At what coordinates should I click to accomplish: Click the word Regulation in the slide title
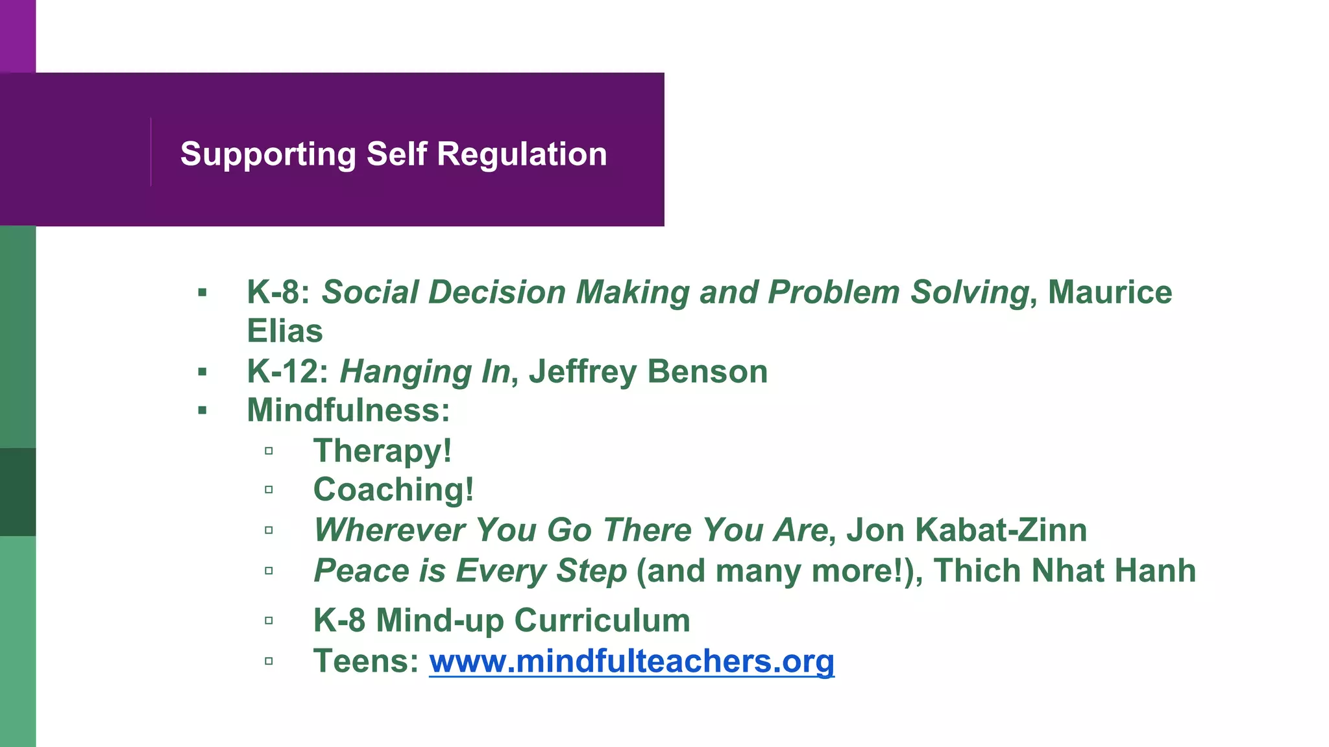522,154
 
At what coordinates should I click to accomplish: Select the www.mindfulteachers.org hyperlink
631,662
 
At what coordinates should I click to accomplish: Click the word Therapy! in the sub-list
382,451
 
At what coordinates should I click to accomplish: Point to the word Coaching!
393,490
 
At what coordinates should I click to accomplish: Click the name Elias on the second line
285,331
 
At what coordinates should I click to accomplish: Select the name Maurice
1110,292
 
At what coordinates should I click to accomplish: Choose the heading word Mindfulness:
348,410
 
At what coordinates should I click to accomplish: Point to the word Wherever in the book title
389,530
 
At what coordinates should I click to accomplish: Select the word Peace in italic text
361,571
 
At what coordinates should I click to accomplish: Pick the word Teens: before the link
366,661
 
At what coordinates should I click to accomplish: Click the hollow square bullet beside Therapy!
269,451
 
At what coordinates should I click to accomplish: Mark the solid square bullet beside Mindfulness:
202,410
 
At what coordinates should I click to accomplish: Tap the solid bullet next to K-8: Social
202,292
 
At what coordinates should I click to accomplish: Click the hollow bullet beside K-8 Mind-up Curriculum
269,621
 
